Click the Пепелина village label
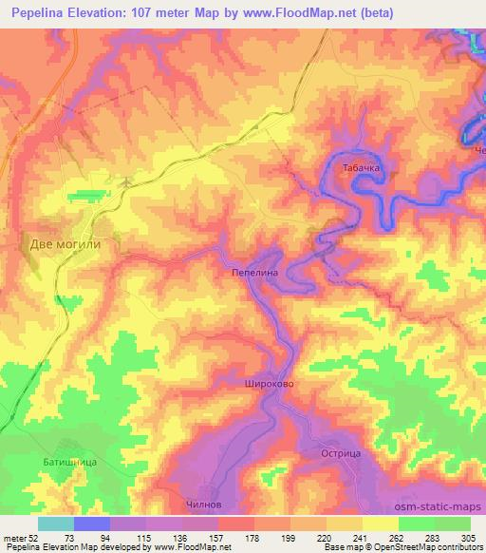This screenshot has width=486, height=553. click(254, 271)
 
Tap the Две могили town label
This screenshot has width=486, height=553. click(65, 242)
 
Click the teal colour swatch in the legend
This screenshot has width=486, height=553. click(56, 524)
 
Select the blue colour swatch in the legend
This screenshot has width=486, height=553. click(92, 524)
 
